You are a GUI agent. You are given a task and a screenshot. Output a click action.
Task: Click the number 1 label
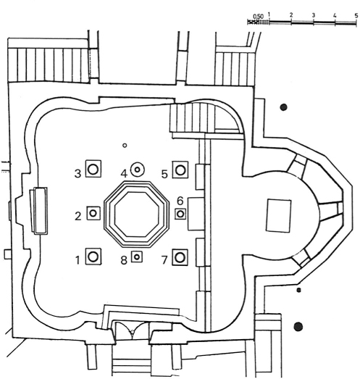78,260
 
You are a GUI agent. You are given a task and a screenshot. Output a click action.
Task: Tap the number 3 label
78,173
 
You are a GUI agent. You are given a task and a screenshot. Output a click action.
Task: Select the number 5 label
164,174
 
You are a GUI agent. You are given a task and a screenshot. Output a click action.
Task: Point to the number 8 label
124,260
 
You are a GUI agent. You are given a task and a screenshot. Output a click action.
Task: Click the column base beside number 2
93,213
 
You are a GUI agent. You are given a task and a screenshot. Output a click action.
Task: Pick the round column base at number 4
137,170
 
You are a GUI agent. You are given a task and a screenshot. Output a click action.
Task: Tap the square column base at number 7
180,257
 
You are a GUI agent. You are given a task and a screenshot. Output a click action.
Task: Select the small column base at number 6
180,214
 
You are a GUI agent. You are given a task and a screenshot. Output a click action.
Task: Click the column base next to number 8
137,257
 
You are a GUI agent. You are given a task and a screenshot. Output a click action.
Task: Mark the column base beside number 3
93,169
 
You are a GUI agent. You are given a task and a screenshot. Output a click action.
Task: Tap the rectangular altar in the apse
279,216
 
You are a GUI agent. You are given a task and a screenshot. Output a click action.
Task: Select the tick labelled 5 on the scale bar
356,22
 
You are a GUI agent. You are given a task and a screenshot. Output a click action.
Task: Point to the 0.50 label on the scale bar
258,17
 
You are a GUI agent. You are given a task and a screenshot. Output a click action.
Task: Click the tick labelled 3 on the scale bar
314,22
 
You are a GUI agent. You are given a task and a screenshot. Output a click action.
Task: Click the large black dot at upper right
283,107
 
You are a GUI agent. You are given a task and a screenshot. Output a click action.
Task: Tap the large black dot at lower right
298,327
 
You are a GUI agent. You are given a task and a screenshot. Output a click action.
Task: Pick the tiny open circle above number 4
125,146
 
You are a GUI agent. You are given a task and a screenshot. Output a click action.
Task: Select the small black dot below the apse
299,290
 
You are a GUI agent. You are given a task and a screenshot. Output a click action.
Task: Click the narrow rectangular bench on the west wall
38,211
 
